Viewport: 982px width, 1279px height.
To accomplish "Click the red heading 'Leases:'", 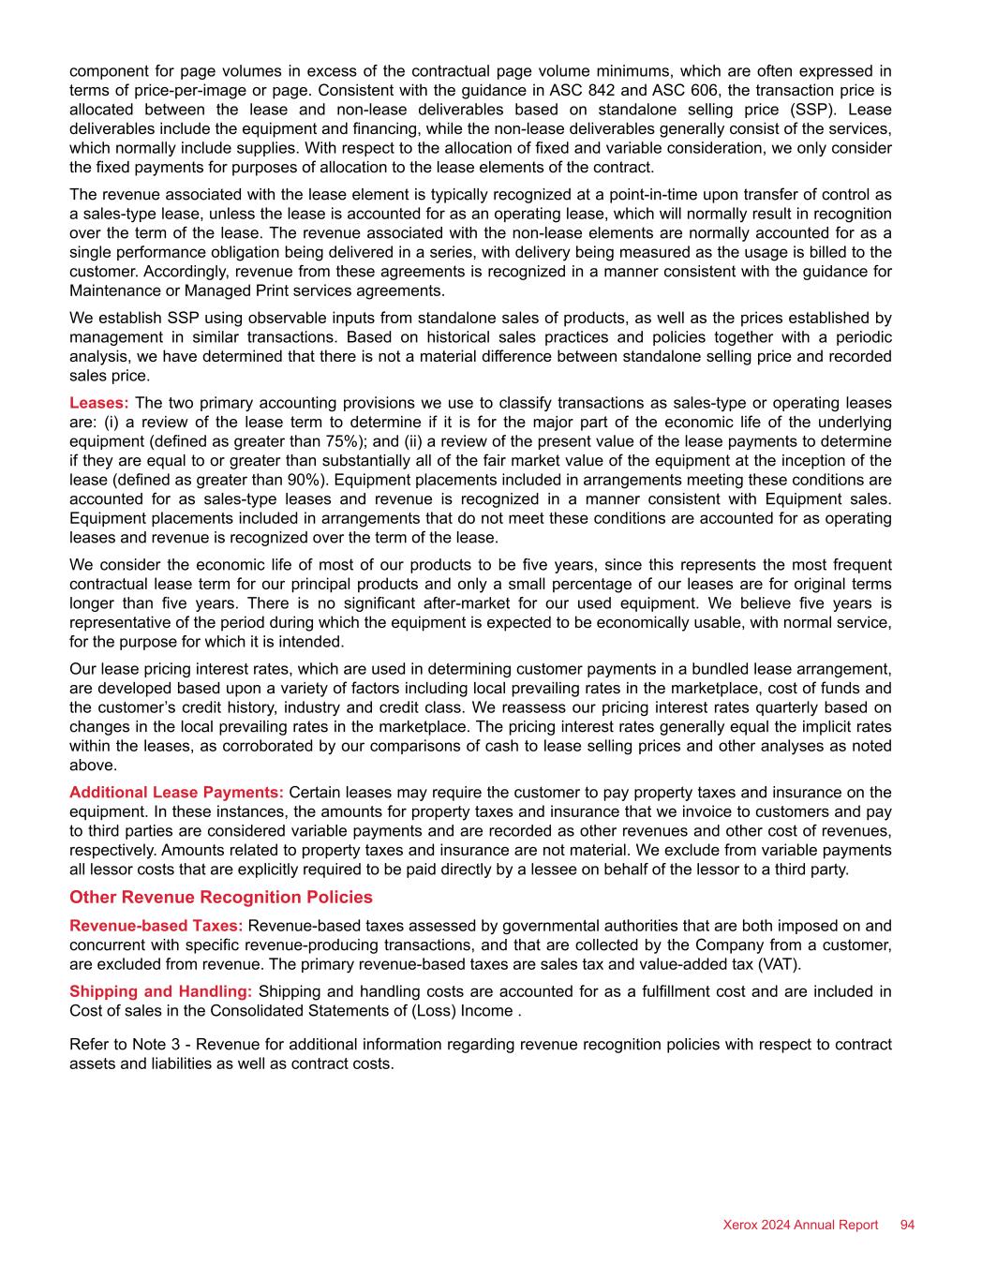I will (x=99, y=403).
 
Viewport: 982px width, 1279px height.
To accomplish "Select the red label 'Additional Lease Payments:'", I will (x=176, y=793).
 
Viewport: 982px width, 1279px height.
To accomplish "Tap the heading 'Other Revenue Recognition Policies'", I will (x=221, y=897).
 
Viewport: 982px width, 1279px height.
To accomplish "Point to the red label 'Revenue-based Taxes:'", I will (x=156, y=926).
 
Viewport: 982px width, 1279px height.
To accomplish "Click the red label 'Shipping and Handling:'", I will (x=160, y=991).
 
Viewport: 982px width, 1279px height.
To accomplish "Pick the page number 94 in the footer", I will (x=907, y=1225).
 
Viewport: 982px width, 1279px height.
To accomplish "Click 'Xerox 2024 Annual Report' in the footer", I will (x=800, y=1225).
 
